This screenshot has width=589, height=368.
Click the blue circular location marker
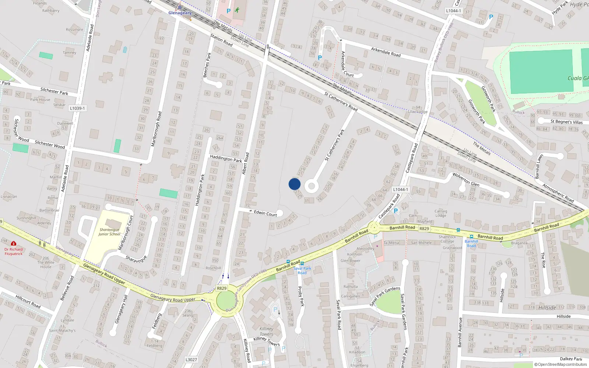point(294,184)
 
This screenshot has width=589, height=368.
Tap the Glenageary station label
point(180,13)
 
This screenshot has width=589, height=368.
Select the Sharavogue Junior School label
point(109,232)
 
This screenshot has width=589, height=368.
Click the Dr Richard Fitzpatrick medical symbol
point(14,244)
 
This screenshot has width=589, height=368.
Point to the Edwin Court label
point(265,213)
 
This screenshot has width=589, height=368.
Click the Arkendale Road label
point(385,52)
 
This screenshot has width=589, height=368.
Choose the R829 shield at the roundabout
point(222,288)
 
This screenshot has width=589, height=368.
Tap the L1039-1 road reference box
point(77,108)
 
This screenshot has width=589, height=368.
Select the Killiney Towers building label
point(266,331)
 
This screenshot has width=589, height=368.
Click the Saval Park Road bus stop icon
point(302,263)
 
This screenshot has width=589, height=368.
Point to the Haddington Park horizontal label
point(226,159)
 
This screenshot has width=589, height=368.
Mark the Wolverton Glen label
point(466,179)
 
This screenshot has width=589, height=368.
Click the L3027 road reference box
point(191,360)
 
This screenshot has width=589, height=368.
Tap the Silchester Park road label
point(54,91)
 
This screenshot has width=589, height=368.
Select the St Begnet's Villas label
point(567,122)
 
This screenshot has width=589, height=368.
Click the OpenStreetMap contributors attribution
point(561,364)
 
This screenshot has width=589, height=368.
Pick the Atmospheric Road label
point(558,193)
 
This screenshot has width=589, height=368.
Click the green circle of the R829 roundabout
point(225,301)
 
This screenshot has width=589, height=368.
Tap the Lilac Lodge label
point(418,112)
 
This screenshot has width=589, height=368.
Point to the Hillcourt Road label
point(28,301)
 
